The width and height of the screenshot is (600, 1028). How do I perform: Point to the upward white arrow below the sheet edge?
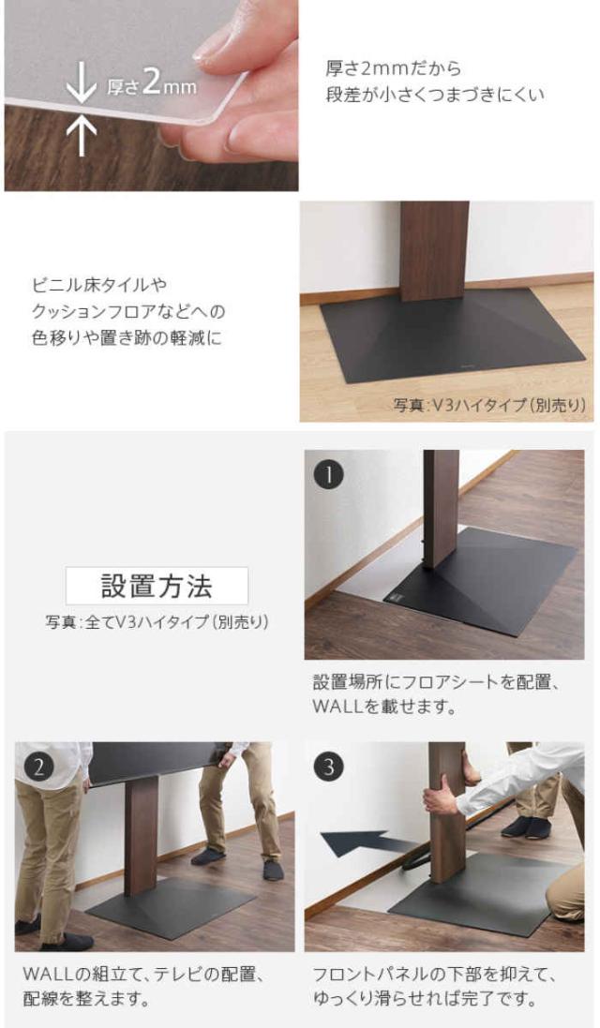(82, 136)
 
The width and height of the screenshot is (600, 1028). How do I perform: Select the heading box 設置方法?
(157, 586)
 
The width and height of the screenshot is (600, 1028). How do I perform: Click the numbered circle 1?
(329, 475)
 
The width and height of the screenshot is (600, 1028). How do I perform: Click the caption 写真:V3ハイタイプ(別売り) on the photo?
(489, 405)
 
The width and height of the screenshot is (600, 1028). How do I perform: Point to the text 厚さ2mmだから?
(394, 68)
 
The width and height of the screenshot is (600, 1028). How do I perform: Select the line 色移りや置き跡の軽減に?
(127, 338)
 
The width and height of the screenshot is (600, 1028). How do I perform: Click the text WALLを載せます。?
(383, 708)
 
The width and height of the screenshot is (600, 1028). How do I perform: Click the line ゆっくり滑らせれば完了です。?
(425, 1000)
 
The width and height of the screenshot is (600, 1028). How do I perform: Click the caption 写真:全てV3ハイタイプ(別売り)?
(157, 621)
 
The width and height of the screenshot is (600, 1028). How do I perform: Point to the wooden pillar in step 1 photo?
(441, 509)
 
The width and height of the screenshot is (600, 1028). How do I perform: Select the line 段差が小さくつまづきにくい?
(435, 95)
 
